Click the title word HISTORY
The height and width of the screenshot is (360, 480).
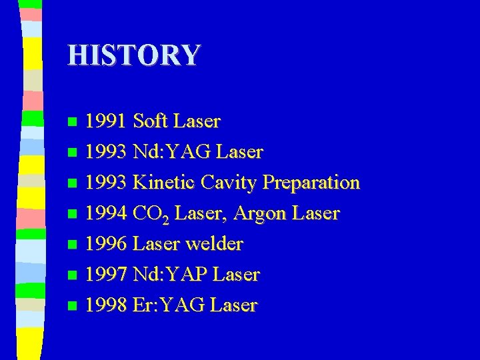[133, 55]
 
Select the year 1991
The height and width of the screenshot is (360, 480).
[107, 121]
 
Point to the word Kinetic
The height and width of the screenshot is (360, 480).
[165, 183]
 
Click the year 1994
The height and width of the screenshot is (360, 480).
[107, 213]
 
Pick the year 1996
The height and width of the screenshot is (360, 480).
[107, 244]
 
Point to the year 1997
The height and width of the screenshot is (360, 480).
[107, 275]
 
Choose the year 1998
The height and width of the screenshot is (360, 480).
[107, 305]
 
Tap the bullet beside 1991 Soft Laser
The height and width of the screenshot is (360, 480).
[73, 122]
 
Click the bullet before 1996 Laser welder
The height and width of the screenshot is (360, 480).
[73, 245]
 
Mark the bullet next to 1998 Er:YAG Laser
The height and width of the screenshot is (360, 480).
[73, 306]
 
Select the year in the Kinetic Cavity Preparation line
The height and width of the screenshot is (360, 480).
[107, 183]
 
